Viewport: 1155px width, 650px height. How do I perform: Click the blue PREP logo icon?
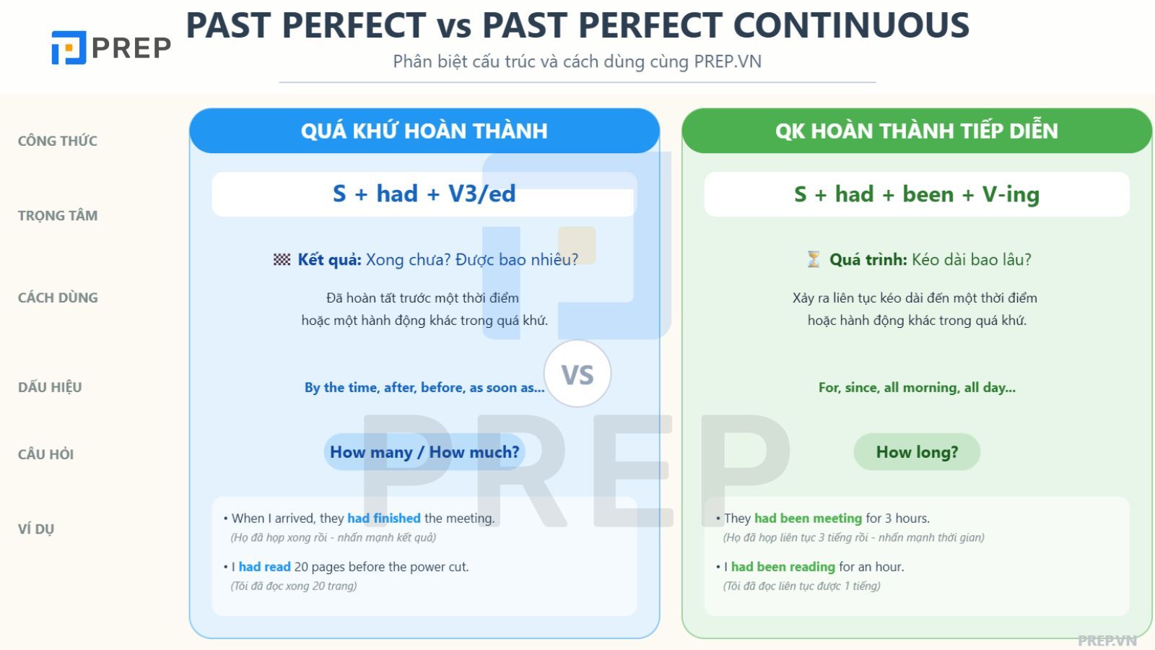click(69, 48)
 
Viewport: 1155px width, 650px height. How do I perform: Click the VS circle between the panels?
click(577, 373)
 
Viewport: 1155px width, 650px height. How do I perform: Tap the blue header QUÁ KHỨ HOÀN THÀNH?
click(424, 131)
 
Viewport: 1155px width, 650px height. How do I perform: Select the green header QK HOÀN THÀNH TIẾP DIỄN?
click(917, 131)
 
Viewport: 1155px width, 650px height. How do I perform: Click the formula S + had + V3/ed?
click(424, 194)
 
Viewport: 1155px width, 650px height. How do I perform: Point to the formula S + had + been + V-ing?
click(917, 194)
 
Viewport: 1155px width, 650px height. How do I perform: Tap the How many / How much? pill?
click(424, 452)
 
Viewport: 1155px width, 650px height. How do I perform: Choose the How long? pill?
click(917, 452)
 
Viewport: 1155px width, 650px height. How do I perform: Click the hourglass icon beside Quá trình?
click(814, 259)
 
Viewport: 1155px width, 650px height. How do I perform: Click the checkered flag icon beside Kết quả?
click(282, 259)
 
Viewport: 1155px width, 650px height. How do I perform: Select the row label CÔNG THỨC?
click(58, 141)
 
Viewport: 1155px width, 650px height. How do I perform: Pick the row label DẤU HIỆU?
click(50, 387)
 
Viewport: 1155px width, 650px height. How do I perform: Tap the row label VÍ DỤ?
click(36, 529)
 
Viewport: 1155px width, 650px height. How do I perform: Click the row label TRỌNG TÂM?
click(58, 215)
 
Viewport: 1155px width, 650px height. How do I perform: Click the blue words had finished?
click(383, 518)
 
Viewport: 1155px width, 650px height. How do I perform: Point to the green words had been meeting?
click(808, 518)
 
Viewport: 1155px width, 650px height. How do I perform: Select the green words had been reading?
click(783, 566)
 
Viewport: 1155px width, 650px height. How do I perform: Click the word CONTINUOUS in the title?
click(851, 25)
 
